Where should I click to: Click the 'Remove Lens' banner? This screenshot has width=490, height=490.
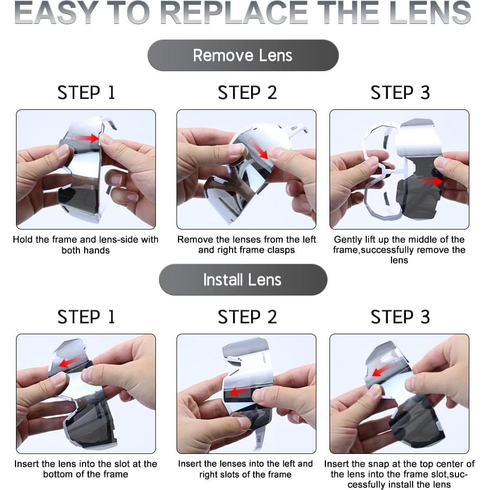click(243, 55)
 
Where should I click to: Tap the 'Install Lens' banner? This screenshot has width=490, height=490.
click(243, 280)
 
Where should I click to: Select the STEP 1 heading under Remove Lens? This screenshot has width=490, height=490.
click(86, 92)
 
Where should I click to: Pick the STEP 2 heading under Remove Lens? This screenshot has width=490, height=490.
click(247, 92)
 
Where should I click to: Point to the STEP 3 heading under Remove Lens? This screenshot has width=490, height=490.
click(400, 92)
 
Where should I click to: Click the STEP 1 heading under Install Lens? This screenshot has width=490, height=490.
click(86, 317)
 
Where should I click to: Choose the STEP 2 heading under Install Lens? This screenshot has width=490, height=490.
click(247, 317)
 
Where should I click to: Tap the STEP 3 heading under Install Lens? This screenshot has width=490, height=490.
click(400, 317)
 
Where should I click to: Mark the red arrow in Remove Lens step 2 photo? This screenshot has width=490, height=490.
click(259, 150)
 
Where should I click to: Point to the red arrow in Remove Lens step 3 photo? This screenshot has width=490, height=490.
click(433, 181)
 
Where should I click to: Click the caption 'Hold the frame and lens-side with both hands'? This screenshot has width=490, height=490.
click(86, 244)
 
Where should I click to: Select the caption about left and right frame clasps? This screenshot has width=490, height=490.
click(247, 244)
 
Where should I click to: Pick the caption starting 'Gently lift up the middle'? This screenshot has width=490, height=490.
click(399, 250)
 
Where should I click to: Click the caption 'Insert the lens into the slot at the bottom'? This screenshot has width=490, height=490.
click(86, 469)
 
